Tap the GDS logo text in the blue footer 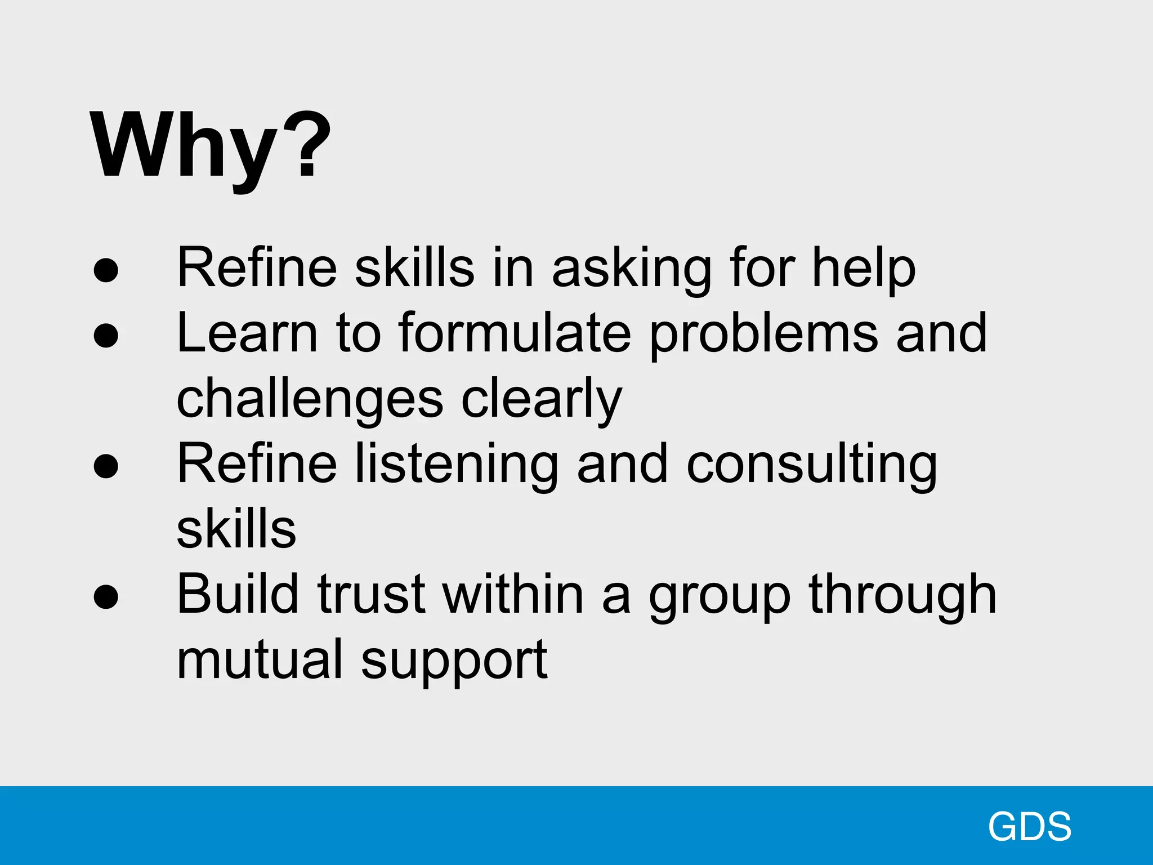coord(1029,827)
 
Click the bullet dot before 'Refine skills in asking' coord(106,269)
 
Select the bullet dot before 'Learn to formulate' coord(106,335)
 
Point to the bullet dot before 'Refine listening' coord(106,466)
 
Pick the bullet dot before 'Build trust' coord(106,597)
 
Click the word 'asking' coord(631,269)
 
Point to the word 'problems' coord(763,336)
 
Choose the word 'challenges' coord(310,400)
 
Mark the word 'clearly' coord(542,400)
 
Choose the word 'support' coord(454,662)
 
